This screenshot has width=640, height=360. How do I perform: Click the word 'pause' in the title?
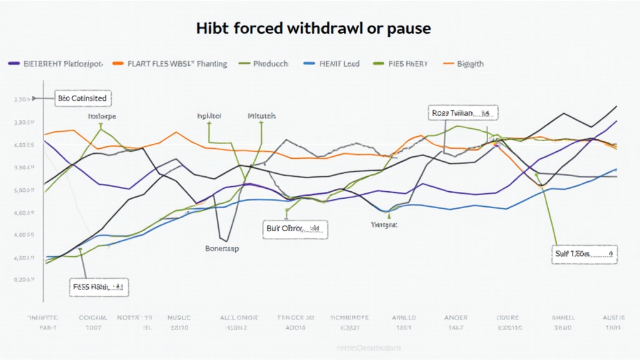click(x=407, y=29)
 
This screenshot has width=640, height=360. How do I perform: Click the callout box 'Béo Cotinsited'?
click(x=81, y=98)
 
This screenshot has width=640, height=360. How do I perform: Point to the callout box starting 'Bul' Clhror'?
click(x=292, y=229)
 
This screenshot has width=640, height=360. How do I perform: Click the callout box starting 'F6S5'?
click(x=98, y=287)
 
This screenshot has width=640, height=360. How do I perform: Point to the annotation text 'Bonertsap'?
click(x=222, y=248)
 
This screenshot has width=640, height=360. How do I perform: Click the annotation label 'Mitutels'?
click(x=262, y=116)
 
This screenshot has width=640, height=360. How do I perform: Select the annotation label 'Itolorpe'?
click(x=102, y=116)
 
